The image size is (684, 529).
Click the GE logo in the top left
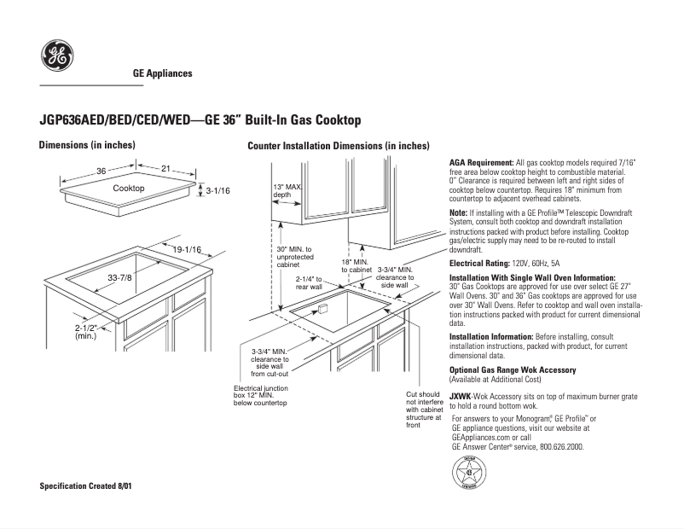click(56, 57)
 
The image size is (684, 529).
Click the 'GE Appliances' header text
click(162, 73)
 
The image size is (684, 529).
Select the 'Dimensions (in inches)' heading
click(87, 145)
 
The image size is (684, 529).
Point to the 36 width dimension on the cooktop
click(101, 171)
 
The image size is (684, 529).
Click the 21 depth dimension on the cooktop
click(166, 169)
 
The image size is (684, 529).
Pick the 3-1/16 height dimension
click(218, 191)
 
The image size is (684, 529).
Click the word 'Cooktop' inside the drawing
click(129, 188)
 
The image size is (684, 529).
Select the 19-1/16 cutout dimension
click(186, 249)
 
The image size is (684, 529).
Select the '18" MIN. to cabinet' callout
click(356, 266)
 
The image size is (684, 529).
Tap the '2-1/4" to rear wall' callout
click(309, 283)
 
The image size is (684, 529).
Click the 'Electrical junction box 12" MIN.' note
click(260, 395)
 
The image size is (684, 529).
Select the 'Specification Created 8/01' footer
click(85, 485)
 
